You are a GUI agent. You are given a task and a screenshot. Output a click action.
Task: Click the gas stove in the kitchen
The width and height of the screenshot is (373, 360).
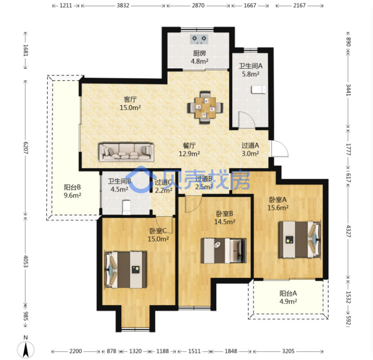coord(199,39)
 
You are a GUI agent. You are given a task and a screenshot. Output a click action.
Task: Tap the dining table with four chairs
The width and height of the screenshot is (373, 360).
coord(205,107)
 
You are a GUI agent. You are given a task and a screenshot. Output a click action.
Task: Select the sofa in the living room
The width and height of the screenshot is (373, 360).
coord(126,152)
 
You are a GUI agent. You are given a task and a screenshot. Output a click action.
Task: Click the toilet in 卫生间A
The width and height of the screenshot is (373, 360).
coord(259,90)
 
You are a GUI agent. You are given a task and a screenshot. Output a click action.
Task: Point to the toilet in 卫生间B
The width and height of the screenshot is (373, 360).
coord(126,207)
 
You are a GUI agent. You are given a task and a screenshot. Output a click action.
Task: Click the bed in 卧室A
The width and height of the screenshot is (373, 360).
coord(300,240)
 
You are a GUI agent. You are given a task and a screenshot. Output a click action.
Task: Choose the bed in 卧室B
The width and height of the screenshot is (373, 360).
coord(224,251)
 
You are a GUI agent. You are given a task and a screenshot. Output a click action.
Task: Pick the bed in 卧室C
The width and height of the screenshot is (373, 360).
coord(125,269)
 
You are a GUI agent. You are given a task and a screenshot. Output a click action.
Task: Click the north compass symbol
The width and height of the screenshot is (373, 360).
coord(26,348)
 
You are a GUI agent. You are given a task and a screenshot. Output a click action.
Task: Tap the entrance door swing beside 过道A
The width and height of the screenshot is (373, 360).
coord(279,148)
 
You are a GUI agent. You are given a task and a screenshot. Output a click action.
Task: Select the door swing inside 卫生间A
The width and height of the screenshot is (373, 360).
coord(247,120)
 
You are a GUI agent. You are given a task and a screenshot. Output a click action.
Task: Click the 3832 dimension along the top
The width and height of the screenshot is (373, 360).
coord(123,5)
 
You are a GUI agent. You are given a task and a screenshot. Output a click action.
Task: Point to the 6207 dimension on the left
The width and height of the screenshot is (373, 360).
coord(26,148)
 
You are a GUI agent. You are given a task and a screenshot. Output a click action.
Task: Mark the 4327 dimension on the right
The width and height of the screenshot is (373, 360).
coord(348,231)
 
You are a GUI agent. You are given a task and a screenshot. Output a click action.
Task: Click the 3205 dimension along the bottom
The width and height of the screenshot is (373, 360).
coord(288,351)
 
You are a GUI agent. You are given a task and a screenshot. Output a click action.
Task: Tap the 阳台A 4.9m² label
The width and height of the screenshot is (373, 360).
coord(288,297)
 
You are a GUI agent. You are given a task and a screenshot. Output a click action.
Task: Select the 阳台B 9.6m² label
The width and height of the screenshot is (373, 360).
coord(73,191)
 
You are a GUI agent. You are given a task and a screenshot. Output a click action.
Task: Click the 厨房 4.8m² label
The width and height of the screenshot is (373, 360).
coord(200,57)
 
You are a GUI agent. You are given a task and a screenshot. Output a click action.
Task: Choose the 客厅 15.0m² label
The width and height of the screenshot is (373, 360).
coord(130,104)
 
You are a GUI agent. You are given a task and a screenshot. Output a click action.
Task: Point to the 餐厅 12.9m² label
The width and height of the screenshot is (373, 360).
coord(189,149)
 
